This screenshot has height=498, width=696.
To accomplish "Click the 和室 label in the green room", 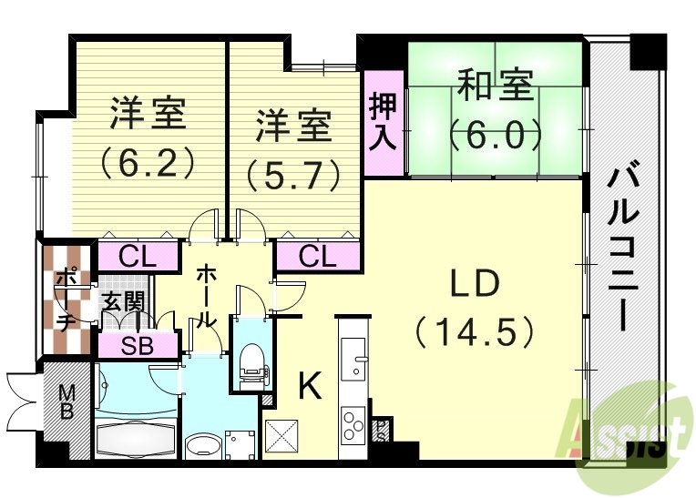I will [496, 91].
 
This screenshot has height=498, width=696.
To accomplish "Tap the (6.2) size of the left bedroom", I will [148, 161].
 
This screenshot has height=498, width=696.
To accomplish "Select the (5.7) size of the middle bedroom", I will [292, 172].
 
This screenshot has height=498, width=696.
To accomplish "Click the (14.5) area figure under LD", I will [474, 332].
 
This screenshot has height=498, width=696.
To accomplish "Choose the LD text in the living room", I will [474, 285].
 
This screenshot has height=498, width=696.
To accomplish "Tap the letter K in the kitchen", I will [310, 388].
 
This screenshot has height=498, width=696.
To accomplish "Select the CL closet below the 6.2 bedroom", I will [137, 258].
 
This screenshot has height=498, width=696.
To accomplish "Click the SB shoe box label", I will [138, 345].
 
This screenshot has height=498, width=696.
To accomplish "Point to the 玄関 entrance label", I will [122, 302].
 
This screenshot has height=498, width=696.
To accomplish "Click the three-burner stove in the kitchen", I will [352, 424].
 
